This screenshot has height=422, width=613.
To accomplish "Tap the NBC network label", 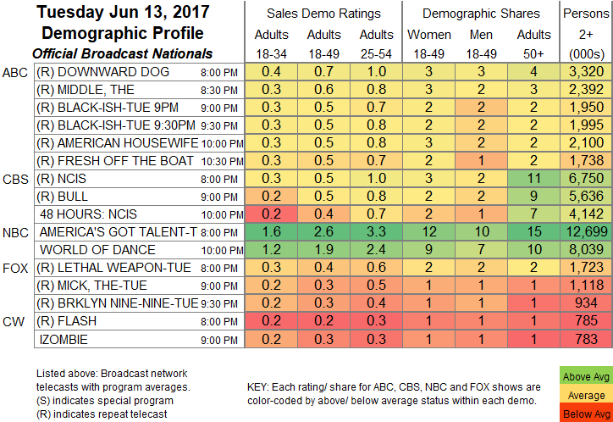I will [x=17, y=231].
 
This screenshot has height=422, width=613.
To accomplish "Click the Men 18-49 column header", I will [x=480, y=42].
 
